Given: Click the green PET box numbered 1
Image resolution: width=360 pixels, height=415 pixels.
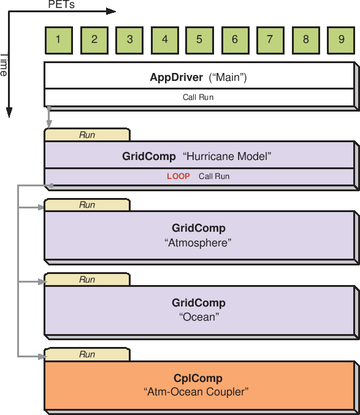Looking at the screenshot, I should tap(58, 40).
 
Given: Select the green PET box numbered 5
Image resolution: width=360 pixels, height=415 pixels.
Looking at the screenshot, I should tap(199, 40).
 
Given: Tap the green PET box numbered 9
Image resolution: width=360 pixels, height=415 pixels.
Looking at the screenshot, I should tap(341, 40).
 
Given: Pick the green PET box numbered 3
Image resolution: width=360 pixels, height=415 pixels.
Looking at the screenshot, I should tap(129, 40).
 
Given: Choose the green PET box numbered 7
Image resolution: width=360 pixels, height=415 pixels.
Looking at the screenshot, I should tap(270, 40).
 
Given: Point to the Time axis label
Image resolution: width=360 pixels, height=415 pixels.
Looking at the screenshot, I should tap(4, 65).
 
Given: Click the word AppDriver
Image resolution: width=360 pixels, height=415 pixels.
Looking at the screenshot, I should tap(176, 78).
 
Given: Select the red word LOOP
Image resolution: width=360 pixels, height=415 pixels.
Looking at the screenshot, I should tap(178, 177).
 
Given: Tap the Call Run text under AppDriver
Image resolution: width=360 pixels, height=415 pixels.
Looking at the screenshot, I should tap(198, 97).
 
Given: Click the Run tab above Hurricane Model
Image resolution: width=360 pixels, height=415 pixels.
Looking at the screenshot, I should tap(87, 135).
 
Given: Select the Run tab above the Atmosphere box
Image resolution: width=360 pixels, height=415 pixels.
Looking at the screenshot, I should tap(87, 205).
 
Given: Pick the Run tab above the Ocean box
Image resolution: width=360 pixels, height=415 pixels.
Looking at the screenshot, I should tap(87, 280).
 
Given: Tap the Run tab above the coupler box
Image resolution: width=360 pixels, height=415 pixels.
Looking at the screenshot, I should tap(87, 354).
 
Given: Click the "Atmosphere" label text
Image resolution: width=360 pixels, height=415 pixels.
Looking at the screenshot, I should tap(198, 243).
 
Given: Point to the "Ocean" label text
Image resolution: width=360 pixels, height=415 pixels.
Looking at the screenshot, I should tap(199, 318).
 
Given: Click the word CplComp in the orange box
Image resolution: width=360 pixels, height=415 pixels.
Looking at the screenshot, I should tap(198, 378).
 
